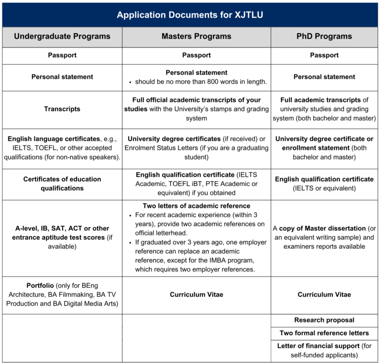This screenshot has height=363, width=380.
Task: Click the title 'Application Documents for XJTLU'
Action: [x=190, y=15]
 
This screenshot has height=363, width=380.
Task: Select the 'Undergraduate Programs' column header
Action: [x=62, y=36]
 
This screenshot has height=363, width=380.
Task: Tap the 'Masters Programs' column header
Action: [x=196, y=36]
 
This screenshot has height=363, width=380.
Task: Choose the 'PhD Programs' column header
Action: [x=324, y=36]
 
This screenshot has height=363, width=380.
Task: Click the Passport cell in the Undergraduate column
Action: [x=62, y=55]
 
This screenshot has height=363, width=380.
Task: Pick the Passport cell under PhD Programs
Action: [x=324, y=55]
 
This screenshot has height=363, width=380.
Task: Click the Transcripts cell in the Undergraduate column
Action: [x=62, y=109]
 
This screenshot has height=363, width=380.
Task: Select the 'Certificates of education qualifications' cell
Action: [x=62, y=183]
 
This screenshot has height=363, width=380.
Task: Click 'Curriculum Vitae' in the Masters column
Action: [x=196, y=295]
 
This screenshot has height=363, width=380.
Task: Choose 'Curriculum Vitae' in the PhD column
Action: [x=324, y=295]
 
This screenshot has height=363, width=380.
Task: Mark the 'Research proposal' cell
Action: [x=324, y=320]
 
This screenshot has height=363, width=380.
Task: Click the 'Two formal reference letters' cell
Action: [x=324, y=333]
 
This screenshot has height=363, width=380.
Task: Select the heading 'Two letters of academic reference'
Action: [x=196, y=206]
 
